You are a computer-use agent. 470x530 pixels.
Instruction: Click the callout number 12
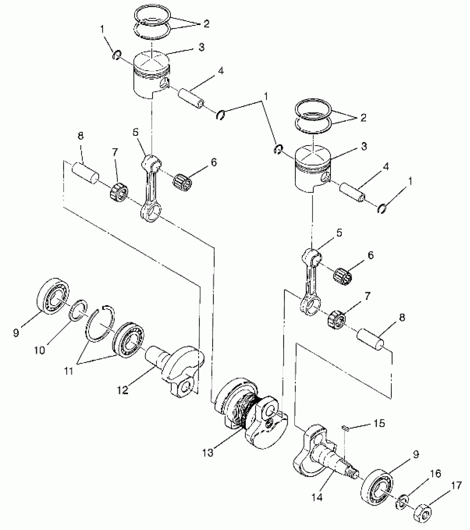[122, 390]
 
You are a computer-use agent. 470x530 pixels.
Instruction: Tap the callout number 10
[39, 350]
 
